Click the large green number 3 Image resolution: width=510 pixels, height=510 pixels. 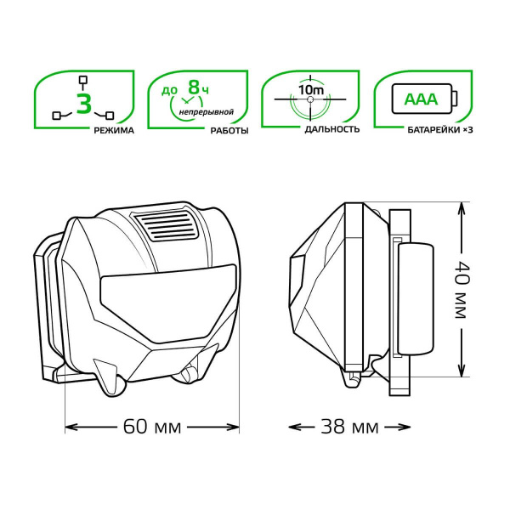pos(84,104)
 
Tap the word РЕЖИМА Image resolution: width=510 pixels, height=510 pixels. pos(114,131)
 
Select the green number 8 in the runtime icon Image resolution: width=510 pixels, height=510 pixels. pos(194,88)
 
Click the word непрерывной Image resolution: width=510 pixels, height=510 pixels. pos(207,112)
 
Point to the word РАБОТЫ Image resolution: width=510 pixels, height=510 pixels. pos(229,131)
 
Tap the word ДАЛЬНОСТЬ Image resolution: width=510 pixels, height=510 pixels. pos(332,129)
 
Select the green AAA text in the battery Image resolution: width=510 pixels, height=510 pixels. pos(422,99)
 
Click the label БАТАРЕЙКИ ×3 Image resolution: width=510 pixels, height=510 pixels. pos(439,130)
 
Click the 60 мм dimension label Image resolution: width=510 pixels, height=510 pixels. pos(152,427)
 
